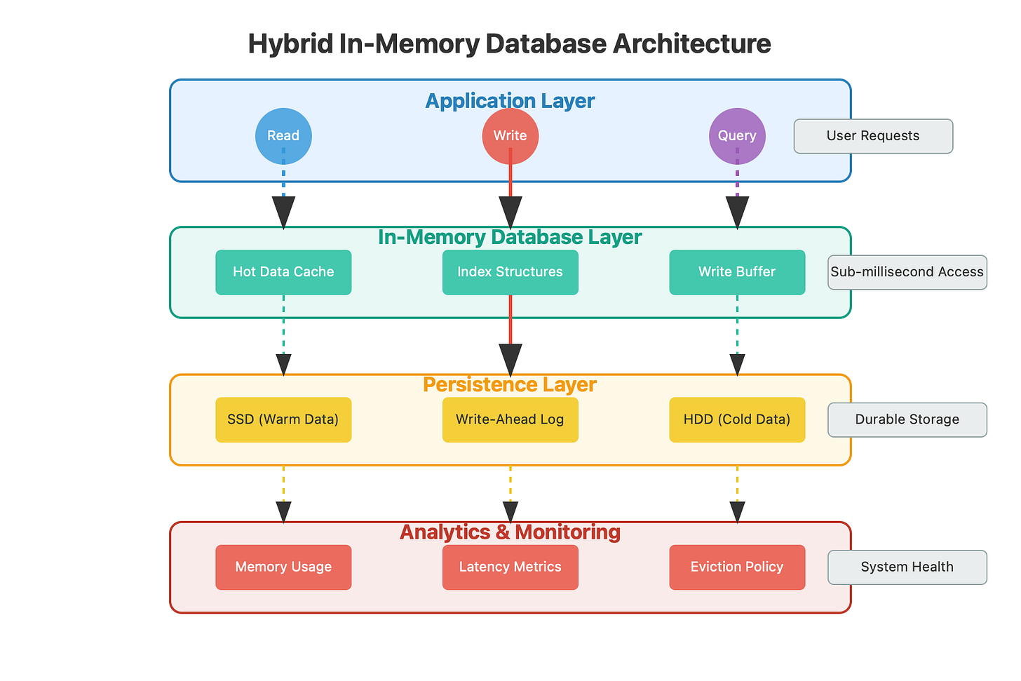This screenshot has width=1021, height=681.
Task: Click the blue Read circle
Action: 283,136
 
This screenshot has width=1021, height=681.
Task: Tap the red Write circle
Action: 510,136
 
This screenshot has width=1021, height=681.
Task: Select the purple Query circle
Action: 737,136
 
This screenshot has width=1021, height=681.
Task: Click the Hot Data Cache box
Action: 283,272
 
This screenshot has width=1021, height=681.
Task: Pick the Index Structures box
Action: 510,272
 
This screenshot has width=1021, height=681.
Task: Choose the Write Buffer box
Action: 737,272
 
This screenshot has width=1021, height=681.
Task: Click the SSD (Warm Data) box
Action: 283,419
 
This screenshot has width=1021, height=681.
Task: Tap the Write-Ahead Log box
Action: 510,419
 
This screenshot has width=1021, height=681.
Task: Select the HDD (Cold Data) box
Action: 737,419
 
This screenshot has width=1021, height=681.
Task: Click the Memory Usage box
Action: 283,567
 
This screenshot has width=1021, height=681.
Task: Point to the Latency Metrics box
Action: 510,567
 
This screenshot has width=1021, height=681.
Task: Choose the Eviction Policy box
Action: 737,567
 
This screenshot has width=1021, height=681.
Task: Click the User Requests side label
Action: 873,136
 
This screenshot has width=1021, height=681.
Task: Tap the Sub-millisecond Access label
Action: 907,272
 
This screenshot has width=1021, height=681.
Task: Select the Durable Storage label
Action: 907,419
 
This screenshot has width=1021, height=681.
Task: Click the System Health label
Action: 907,567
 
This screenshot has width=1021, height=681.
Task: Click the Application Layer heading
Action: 510,101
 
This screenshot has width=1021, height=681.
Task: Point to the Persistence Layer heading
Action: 510,385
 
